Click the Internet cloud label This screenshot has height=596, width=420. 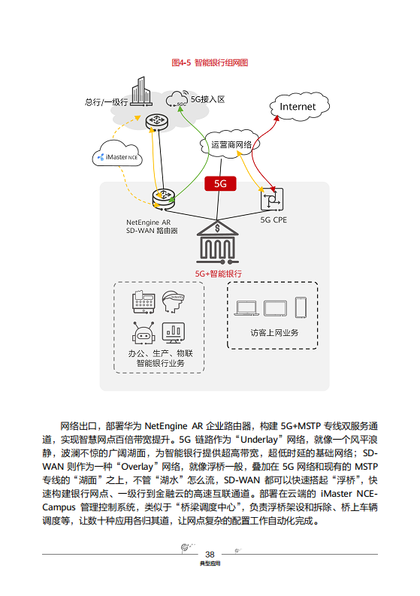coord(298,107)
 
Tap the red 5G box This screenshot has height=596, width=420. coord(220,183)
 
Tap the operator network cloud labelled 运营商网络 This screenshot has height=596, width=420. coord(231,144)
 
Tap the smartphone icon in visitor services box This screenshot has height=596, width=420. coord(301,307)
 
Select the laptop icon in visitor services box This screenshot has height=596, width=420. coord(246,307)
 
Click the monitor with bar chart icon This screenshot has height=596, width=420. coord(174,331)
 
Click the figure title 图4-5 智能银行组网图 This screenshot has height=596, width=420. coord(210,62)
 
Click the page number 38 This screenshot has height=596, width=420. coord(210,552)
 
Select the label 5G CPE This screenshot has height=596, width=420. coord(273,221)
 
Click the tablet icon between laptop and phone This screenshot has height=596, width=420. coord(275,307)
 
